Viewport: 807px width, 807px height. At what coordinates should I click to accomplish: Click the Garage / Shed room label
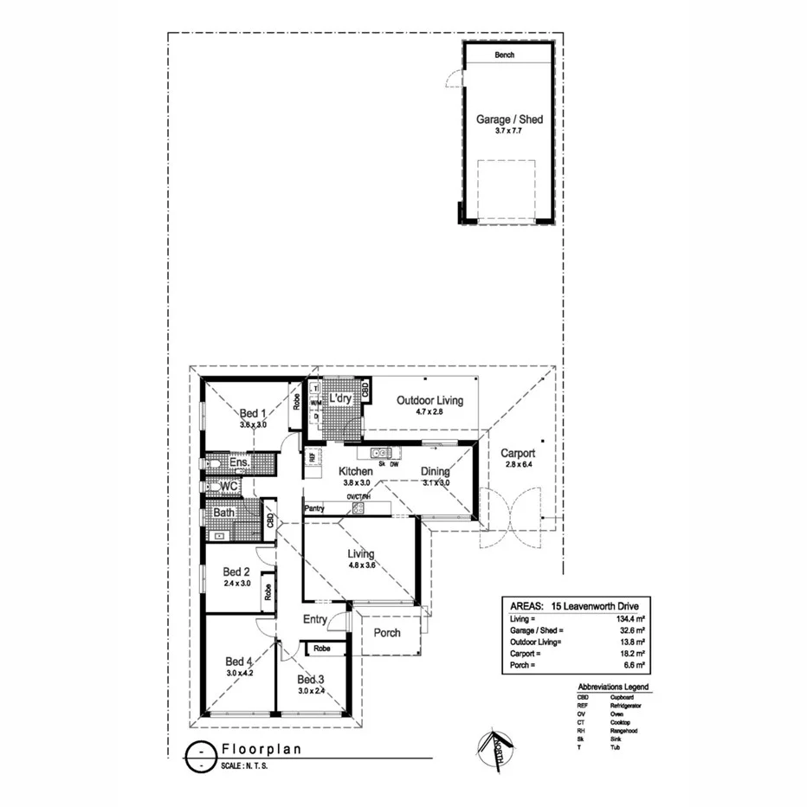509,119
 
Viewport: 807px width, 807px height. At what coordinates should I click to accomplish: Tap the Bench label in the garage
504,55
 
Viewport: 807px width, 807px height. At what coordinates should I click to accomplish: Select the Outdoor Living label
429,400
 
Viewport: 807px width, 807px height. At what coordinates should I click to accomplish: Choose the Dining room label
435,471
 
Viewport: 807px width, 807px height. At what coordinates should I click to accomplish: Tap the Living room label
361,554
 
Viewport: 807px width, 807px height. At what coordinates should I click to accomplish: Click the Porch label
387,632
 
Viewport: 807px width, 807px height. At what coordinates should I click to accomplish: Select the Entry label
315,619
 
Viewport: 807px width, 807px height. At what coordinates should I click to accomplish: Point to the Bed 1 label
253,414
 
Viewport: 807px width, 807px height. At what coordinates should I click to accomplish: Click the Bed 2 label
236,571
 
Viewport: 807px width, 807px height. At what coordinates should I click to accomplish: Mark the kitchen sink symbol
381,453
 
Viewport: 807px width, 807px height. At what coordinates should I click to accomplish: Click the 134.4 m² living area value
627,619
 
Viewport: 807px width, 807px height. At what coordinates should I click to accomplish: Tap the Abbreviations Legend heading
612,687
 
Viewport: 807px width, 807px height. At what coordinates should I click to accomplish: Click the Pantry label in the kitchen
314,508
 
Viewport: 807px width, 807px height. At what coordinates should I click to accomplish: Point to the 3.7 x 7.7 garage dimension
509,131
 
